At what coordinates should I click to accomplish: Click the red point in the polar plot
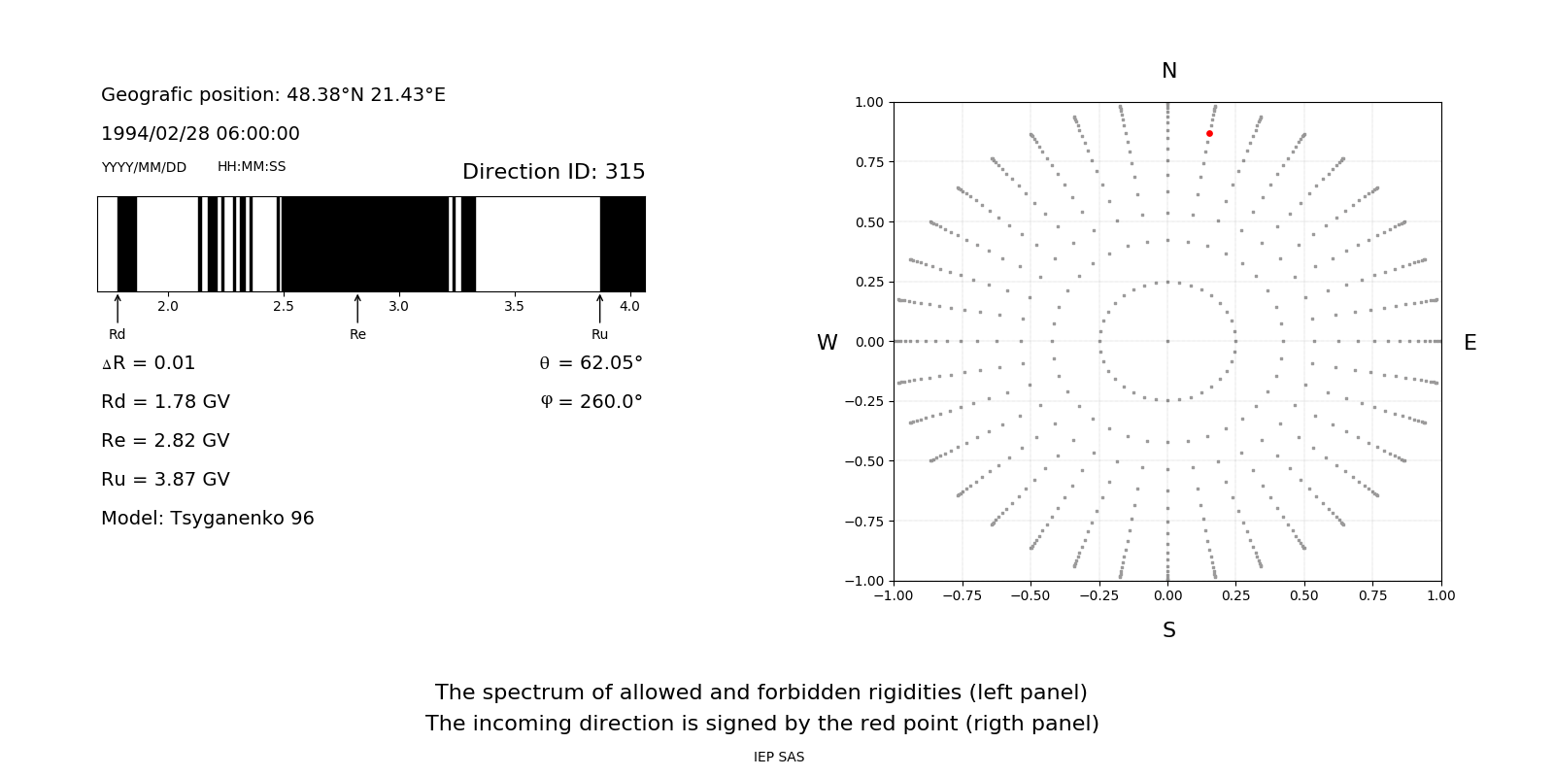pyautogui.click(x=1209, y=134)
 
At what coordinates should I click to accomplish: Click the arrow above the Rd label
pyautogui.click(x=118, y=308)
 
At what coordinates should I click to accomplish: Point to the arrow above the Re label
pyautogui.click(x=357, y=308)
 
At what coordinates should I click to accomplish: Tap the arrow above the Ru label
pyautogui.click(x=599, y=308)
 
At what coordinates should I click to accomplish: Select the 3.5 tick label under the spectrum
pyautogui.click(x=514, y=307)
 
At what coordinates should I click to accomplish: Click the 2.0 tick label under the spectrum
pyautogui.click(x=167, y=307)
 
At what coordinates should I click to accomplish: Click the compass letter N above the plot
pyautogui.click(x=1169, y=71)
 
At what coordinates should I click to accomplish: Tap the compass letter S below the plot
pyautogui.click(x=1169, y=630)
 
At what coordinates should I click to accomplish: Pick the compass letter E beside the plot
pyautogui.click(x=1470, y=343)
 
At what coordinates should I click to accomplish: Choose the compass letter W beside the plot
pyautogui.click(x=827, y=343)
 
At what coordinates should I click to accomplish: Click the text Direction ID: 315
pyautogui.click(x=554, y=172)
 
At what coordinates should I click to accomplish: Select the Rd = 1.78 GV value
pyautogui.click(x=165, y=402)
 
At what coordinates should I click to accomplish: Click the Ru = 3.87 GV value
pyautogui.click(x=165, y=480)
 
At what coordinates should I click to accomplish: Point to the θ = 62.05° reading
pyautogui.click(x=591, y=363)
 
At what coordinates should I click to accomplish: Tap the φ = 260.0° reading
pyautogui.click(x=591, y=402)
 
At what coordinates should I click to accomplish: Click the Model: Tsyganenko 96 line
pyautogui.click(x=208, y=519)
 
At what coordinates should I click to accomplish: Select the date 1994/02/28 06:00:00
pyautogui.click(x=200, y=134)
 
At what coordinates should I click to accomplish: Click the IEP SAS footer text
pyautogui.click(x=779, y=758)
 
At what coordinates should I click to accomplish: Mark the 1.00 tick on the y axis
pyautogui.click(x=868, y=102)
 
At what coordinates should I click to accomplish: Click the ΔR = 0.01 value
pyautogui.click(x=149, y=363)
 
